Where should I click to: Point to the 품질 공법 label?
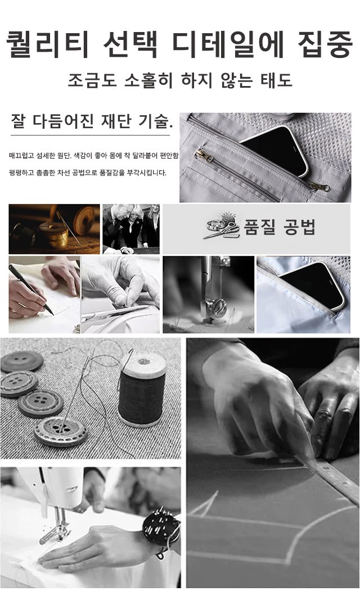[x=280, y=227]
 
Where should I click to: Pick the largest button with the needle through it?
[x=61, y=431]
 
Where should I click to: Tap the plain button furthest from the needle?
[x=22, y=361]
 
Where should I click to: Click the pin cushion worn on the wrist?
[x=161, y=527]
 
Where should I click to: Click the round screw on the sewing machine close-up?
[x=219, y=307]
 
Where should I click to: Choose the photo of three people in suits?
[x=131, y=229]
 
